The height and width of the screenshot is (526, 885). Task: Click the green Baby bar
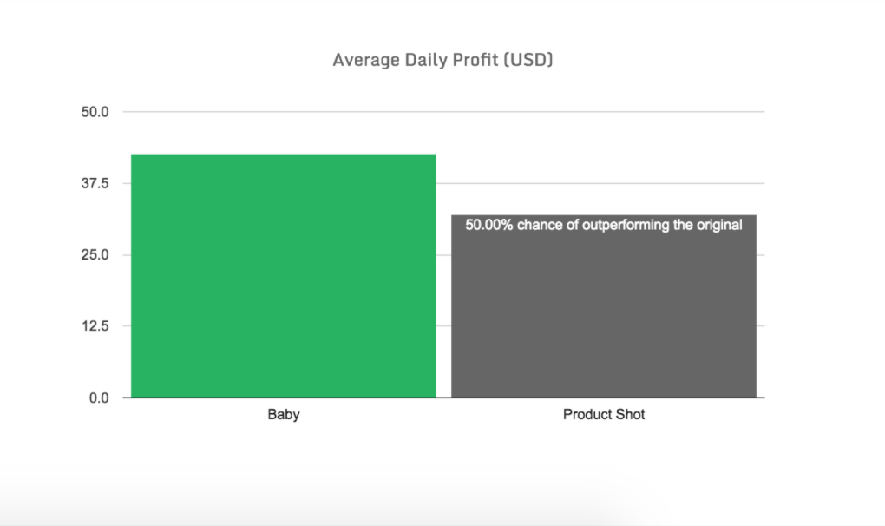284,275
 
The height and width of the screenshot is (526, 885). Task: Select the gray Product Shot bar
604,306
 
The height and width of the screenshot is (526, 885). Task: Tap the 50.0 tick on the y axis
95,112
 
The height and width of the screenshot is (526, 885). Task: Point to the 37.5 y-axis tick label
95,183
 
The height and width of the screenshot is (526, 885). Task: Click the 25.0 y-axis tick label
95,254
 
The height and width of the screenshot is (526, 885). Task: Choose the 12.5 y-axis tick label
95,326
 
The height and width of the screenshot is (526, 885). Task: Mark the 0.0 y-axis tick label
99,398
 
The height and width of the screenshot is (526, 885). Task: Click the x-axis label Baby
284,414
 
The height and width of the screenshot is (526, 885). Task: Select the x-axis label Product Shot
604,414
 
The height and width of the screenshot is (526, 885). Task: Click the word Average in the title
366,60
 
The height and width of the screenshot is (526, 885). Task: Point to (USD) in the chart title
528,60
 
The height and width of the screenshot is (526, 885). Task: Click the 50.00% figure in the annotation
488,225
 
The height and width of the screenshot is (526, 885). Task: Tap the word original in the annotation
719,225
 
